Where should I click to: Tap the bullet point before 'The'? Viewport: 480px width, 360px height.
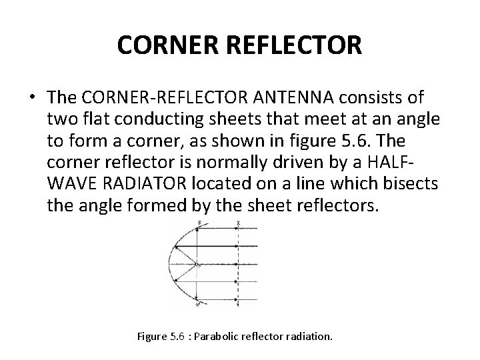click(31, 99)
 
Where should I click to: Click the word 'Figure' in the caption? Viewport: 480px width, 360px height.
click(151, 337)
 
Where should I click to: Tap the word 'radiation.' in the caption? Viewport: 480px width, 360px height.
click(309, 337)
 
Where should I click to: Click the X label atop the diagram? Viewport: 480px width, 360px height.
click(238, 222)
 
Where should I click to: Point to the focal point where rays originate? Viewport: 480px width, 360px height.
click(197, 266)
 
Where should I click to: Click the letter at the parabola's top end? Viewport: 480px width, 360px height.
click(199, 223)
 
